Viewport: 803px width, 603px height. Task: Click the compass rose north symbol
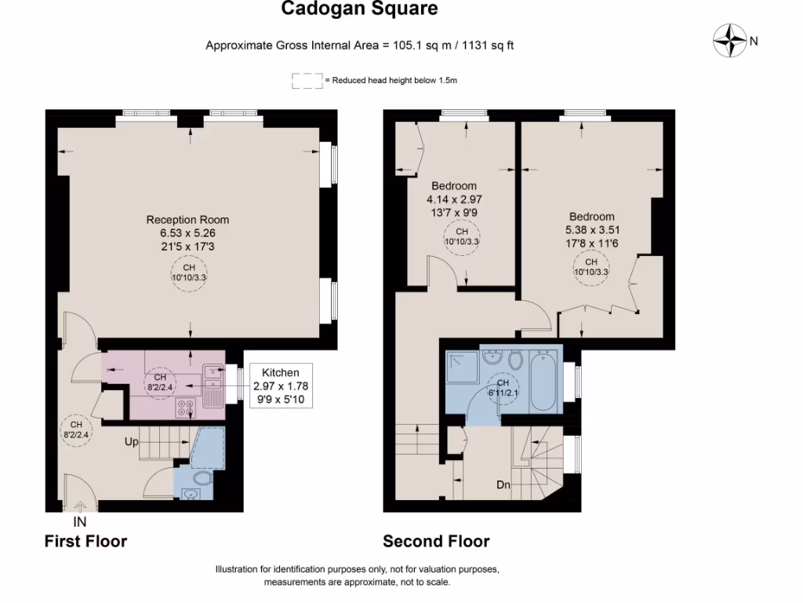coord(730,40)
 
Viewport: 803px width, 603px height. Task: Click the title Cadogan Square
coord(359,9)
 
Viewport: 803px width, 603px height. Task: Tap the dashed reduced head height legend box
coord(307,81)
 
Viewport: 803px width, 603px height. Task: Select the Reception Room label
coord(187,220)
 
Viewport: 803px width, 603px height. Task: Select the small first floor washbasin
coord(190,494)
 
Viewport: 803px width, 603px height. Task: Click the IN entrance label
coord(80,521)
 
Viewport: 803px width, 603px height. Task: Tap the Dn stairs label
coord(503,485)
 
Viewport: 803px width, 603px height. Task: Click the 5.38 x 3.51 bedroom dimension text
coord(592,230)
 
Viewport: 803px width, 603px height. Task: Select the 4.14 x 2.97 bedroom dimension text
coord(454,199)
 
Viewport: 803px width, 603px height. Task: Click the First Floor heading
coord(85,541)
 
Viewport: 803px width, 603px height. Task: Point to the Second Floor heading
coord(436,541)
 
